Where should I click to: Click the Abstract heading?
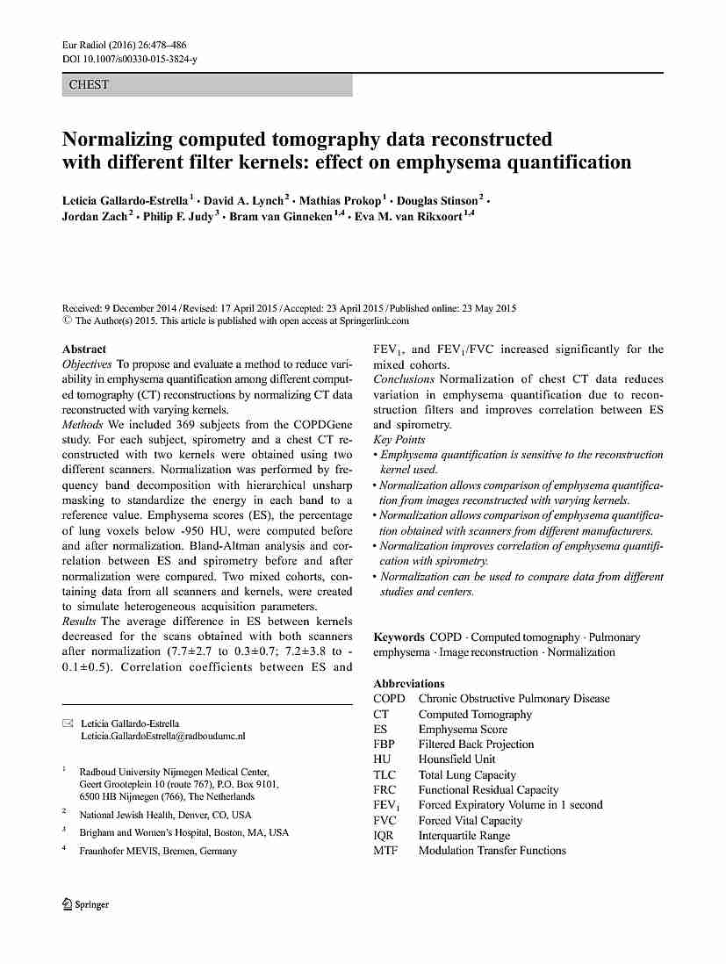pyautogui.click(x=84, y=349)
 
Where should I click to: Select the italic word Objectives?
pyautogui.click(x=87, y=363)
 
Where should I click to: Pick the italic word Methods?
pyautogui.click(x=83, y=424)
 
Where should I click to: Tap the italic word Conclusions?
pyautogui.click(x=404, y=379)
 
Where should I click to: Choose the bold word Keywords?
pyautogui.click(x=399, y=637)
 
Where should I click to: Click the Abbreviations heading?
pyautogui.click(x=409, y=683)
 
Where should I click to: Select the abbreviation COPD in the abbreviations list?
pyautogui.click(x=389, y=699)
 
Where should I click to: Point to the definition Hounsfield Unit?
pyautogui.click(x=456, y=759)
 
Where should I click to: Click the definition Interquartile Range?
pyautogui.click(x=464, y=836)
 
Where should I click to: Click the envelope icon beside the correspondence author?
pyautogui.click(x=68, y=723)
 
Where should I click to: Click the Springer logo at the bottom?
pyautogui.click(x=86, y=905)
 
